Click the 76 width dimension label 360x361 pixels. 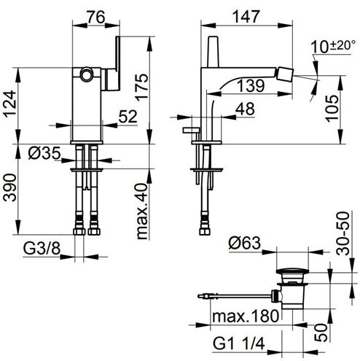96,17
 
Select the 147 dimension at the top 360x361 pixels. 246,17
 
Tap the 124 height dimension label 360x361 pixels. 10,104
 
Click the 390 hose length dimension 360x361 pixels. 10,187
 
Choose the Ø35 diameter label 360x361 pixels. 44,154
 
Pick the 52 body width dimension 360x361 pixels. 128,117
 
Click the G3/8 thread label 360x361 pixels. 42,249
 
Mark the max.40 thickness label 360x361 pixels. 142,211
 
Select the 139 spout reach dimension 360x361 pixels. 251,85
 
